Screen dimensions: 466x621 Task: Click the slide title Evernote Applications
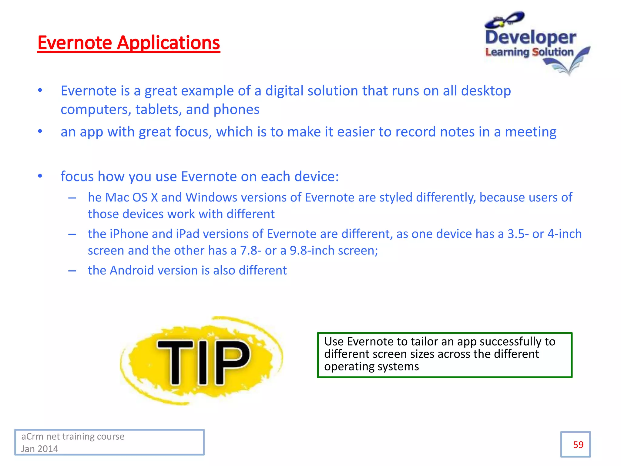(129, 43)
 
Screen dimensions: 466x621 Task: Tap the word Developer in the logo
(531, 38)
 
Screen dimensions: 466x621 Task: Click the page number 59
(578, 445)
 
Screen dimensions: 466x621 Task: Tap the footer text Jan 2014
(40, 449)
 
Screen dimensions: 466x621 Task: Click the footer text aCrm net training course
(73, 436)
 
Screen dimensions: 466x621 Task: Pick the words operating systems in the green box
(371, 366)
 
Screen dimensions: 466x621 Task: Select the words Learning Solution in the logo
(529, 52)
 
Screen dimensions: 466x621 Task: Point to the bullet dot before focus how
(40, 176)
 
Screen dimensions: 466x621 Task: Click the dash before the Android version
(72, 271)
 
